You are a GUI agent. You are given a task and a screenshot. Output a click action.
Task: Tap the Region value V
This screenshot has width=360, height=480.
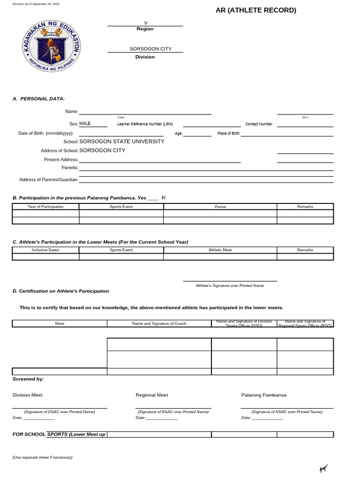coord(145,22)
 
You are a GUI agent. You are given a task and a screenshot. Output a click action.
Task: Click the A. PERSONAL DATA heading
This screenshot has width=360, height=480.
coord(38,98)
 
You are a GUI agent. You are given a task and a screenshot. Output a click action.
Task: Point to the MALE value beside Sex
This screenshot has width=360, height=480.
coord(85,124)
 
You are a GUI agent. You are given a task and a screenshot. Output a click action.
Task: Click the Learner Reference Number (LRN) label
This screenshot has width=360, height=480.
coord(145,124)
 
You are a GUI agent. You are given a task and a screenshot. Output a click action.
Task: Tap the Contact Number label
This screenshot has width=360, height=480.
coord(259,124)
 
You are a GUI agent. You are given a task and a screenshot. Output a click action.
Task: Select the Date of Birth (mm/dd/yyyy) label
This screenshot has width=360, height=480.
coord(45,133)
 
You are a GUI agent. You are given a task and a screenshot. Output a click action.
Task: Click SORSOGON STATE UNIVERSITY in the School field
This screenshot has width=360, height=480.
coord(122,141)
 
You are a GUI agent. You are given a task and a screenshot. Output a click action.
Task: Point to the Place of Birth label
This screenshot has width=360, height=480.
coord(229,134)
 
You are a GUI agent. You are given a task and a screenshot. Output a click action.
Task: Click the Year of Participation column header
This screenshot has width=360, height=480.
coord(45,206)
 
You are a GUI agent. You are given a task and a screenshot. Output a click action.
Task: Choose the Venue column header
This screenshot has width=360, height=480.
coord(220,206)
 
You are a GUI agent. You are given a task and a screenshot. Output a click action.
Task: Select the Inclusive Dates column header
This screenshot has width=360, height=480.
coord(45,250)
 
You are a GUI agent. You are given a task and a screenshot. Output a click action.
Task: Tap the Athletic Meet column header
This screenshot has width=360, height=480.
coord(220,250)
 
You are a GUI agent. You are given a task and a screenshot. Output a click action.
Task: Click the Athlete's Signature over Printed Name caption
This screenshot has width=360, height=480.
coord(230,285)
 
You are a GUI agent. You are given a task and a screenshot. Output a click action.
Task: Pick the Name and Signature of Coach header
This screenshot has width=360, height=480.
coord(159,323)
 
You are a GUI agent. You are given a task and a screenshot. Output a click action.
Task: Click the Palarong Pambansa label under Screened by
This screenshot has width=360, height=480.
coord(264,395)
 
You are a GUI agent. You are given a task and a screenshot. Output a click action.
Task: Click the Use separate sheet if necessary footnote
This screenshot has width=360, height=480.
coord(43,457)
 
